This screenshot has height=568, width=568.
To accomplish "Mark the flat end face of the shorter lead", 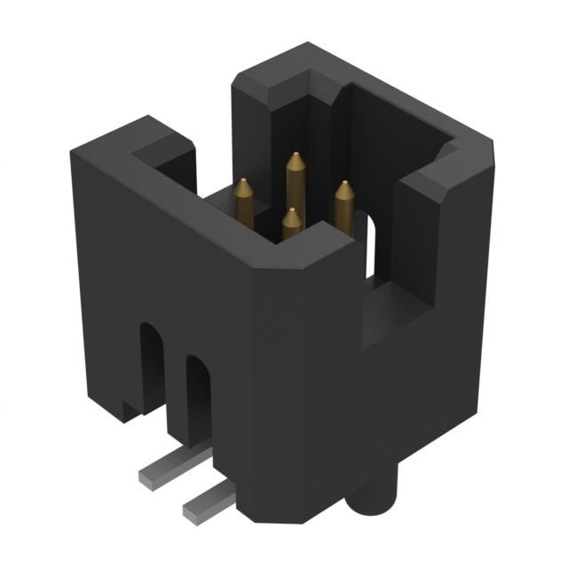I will point(190,510).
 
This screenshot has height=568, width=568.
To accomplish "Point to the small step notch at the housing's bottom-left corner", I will point(131,409).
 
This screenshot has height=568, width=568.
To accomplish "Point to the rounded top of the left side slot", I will point(151,329).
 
